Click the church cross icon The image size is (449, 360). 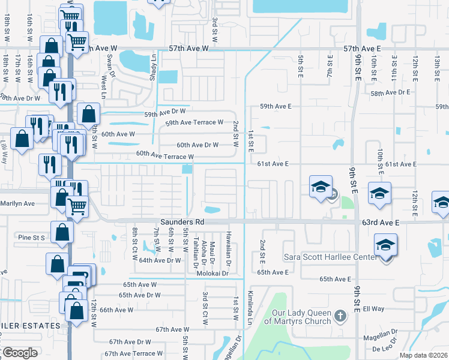pos(340,315)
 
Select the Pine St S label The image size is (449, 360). pos(31,238)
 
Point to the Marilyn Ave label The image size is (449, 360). pos(17,203)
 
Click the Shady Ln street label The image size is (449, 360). pos(153,65)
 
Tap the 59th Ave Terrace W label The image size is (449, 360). pos(194,122)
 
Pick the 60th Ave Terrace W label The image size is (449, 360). pos(164,155)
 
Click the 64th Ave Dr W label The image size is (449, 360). pos(160,260)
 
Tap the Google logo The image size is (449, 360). pos(20,353)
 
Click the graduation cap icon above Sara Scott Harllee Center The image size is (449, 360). pos(385,244)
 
